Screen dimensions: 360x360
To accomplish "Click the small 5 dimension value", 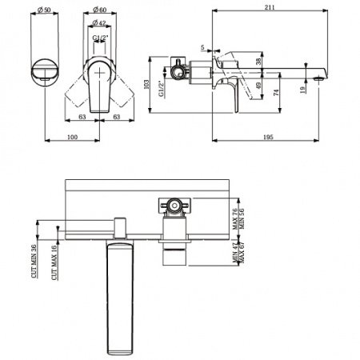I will coord(202,47).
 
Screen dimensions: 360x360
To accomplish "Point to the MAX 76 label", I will coord(235,218).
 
